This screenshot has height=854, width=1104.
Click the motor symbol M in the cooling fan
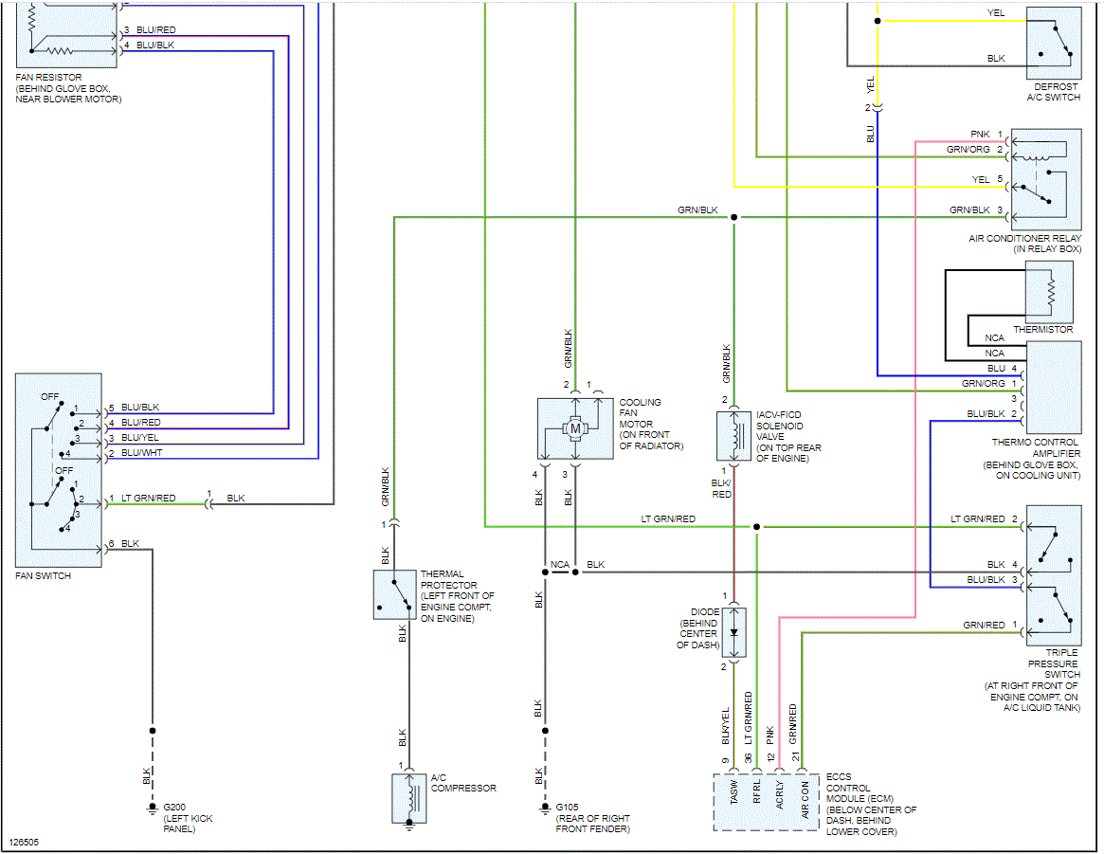point(575,428)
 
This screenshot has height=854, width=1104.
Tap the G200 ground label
point(174,808)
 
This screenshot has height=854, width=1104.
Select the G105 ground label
point(567,808)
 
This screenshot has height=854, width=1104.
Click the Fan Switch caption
point(43,576)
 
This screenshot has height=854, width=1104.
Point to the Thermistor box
point(1049,292)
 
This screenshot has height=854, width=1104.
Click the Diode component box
point(733,632)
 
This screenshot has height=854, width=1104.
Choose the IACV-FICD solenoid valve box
point(733,436)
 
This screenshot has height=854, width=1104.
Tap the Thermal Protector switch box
point(394,595)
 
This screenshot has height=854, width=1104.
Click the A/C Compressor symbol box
point(409,798)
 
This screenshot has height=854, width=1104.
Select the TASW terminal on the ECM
point(733,792)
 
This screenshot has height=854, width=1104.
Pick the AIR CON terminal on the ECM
point(805,800)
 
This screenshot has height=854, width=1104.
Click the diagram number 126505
point(24,842)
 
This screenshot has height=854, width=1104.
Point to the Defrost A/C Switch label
point(1054,92)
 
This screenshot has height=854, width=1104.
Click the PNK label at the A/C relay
point(979,135)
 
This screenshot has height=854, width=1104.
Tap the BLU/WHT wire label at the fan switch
point(141,453)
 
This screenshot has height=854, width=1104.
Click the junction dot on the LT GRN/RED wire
point(757,527)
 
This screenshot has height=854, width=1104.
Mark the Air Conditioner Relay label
point(1024,244)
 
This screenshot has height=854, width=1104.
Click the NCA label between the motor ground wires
point(560,565)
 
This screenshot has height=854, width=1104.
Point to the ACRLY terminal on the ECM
point(779,794)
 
